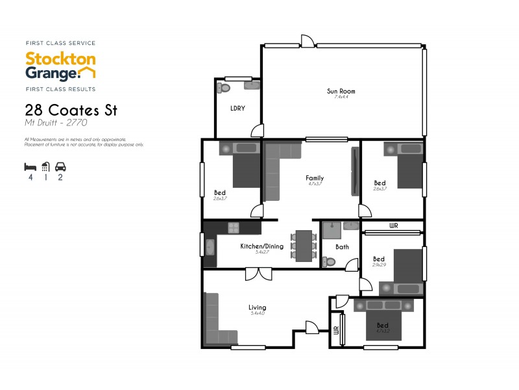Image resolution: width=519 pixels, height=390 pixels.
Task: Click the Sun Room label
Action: pyautogui.click(x=341, y=91)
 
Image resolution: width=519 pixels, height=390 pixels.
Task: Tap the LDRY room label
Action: pyautogui.click(x=237, y=108)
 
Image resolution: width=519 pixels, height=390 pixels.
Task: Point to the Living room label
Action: pyautogui.click(x=258, y=307)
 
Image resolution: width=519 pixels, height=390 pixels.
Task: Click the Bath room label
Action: pyautogui.click(x=342, y=247)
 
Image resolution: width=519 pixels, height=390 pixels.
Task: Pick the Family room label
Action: pyautogui.click(x=315, y=178)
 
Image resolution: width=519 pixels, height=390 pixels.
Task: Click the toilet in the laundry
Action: pyautogui.click(x=224, y=87)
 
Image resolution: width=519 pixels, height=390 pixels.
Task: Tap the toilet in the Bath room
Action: pyautogui.click(x=330, y=262)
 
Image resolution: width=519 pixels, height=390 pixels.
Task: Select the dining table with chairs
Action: pyautogui.click(x=302, y=245)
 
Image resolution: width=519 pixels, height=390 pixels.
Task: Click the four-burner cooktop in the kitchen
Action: pyautogui.click(x=234, y=227)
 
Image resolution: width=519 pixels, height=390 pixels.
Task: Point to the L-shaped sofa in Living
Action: pyautogui.click(x=217, y=322)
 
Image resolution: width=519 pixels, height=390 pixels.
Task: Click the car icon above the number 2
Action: pyautogui.click(x=60, y=166)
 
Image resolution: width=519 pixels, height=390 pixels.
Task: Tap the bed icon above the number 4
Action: pyautogui.click(x=30, y=166)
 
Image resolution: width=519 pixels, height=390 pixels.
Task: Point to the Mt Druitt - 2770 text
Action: pyautogui.click(x=55, y=122)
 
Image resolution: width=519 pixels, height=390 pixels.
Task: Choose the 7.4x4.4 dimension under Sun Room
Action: pyautogui.click(x=341, y=97)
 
